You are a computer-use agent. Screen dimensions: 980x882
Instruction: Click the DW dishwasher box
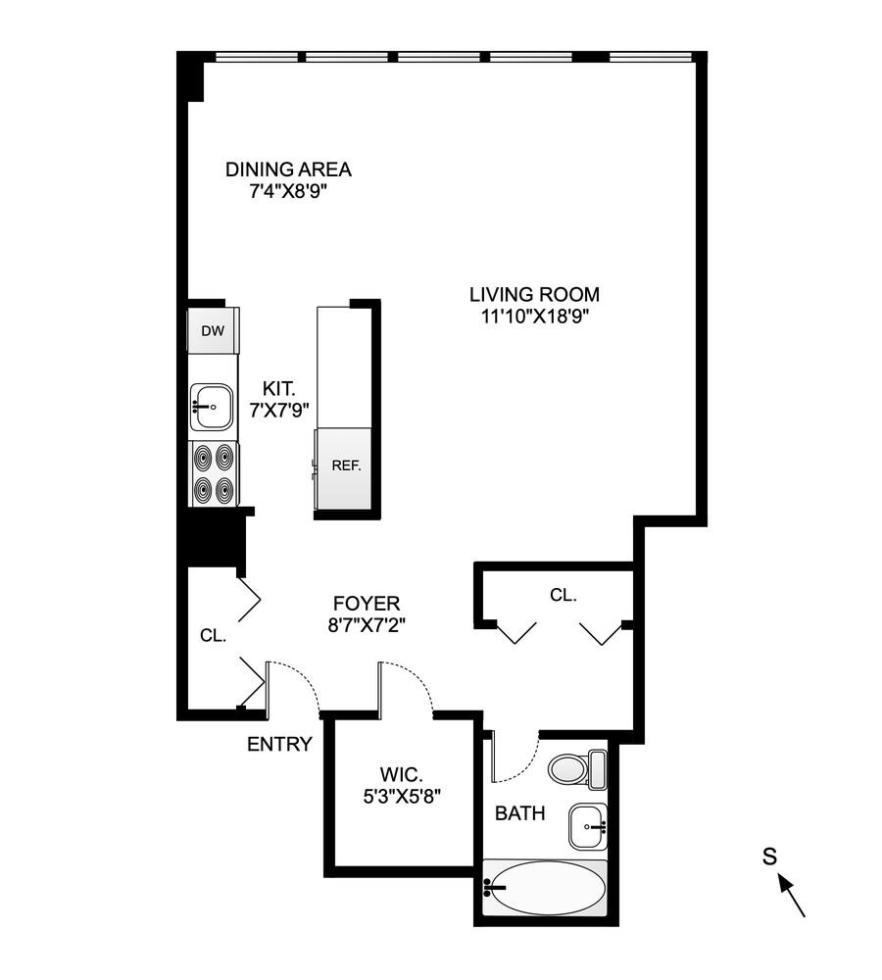click(213, 330)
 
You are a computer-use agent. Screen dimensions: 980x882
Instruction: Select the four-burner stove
click(214, 473)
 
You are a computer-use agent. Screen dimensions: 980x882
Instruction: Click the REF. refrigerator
click(346, 466)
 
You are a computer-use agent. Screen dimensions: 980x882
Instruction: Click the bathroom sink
click(588, 826)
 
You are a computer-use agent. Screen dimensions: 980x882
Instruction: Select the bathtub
click(544, 888)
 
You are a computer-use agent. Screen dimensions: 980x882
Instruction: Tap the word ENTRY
click(279, 744)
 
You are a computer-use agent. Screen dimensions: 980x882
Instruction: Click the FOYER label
click(367, 604)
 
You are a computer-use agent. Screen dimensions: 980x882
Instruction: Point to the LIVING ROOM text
click(534, 294)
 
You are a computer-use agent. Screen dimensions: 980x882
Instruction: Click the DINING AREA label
click(288, 170)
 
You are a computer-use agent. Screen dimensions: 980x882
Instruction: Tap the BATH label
click(520, 812)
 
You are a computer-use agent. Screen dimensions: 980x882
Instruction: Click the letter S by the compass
click(770, 857)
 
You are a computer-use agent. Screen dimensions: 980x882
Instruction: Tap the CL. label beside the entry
click(213, 634)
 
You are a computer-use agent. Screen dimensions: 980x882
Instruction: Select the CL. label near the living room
click(563, 594)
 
